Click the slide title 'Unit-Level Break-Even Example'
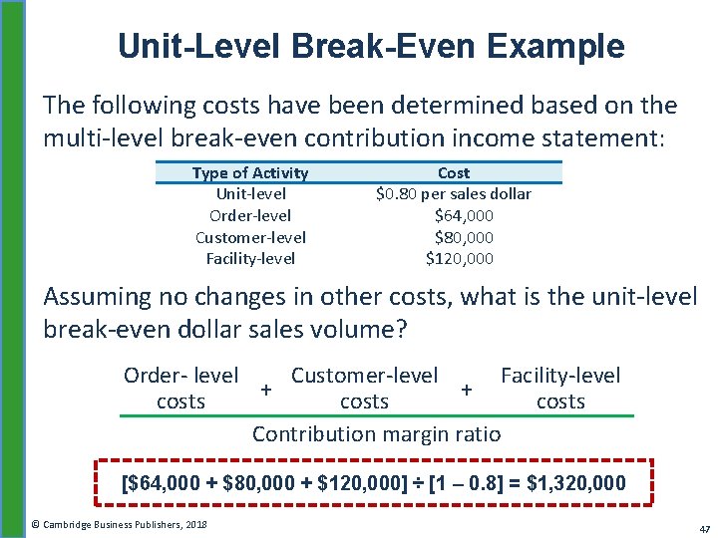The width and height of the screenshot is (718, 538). pos(371,46)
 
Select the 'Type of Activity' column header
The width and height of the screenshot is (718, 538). pos(249,173)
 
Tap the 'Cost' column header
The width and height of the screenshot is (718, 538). pos(454,173)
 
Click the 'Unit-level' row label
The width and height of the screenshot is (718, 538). pos(250,194)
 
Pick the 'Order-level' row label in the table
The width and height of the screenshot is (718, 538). pos(250,215)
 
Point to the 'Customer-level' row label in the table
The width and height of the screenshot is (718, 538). pos(250,237)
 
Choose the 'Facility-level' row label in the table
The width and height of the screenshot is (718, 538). pos(250,259)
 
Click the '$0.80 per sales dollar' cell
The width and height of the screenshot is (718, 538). pos(454,194)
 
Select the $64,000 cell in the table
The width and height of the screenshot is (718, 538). pos(464,215)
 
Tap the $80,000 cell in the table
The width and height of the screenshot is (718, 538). pos(464,237)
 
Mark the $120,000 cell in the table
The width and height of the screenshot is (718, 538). pos(460,259)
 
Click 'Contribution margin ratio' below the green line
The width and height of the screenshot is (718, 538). pos(377,434)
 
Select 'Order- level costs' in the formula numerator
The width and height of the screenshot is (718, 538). pos(180,389)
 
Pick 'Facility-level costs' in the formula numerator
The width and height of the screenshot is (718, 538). pos(560,389)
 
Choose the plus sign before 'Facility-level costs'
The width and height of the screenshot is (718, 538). pos(467,387)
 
